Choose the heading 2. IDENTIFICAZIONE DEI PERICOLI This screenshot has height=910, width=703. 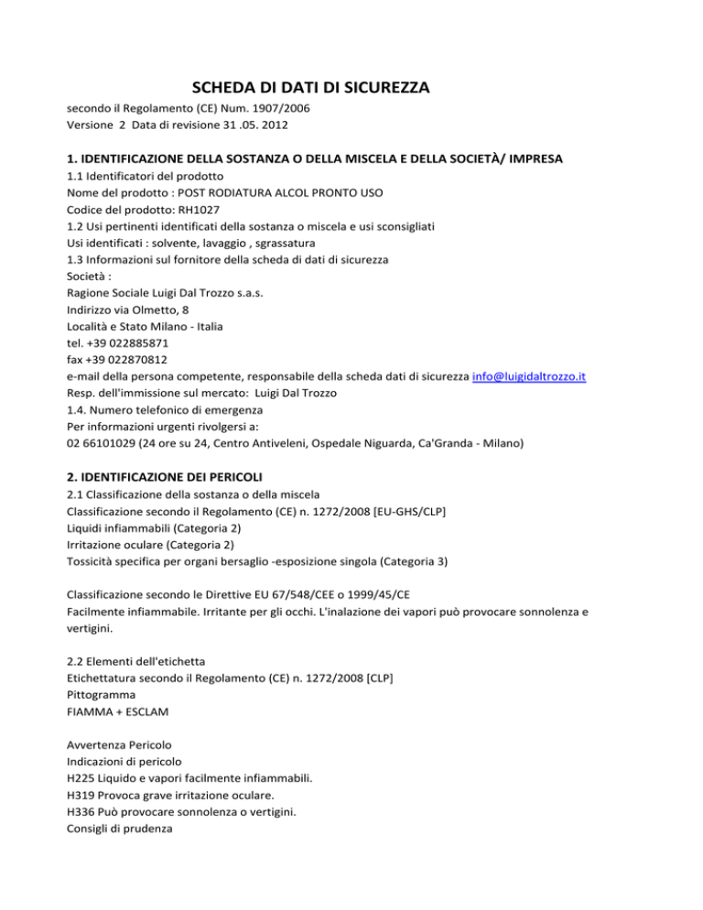click(x=170, y=478)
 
